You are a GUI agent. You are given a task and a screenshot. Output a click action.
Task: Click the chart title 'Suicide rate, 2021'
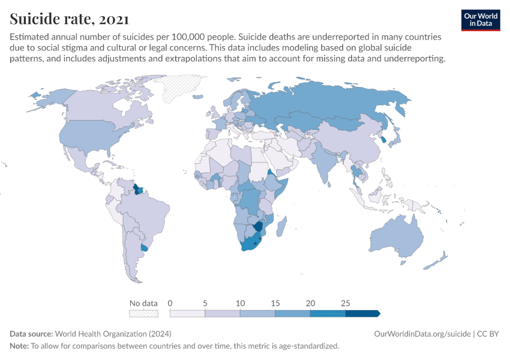(x=68, y=19)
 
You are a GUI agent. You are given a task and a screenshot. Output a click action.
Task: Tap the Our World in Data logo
(x=480, y=20)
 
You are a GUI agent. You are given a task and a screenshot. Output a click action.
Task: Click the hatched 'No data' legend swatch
(x=143, y=313)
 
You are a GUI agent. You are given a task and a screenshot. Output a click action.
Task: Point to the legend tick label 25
(x=345, y=303)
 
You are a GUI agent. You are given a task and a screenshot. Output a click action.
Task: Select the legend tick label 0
(x=170, y=303)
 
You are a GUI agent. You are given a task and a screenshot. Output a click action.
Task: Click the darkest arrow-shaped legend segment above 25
(x=362, y=313)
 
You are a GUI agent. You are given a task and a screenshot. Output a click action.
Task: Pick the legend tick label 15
(x=275, y=303)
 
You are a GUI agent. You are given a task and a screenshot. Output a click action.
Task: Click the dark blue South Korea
(x=382, y=140)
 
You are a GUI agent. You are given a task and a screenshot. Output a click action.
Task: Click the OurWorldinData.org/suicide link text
(x=422, y=334)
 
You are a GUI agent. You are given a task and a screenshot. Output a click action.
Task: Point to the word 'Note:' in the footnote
(x=19, y=346)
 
